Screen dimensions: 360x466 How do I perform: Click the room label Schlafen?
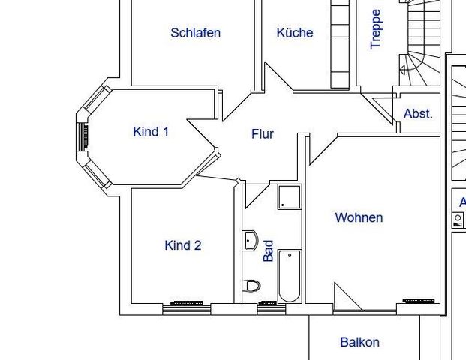(195, 33)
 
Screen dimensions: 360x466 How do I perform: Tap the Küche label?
(294, 33)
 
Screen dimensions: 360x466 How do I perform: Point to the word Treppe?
(377, 29)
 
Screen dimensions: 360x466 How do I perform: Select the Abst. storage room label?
(418, 114)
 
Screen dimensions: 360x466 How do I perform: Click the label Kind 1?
(150, 132)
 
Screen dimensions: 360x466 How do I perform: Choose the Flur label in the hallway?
(262, 134)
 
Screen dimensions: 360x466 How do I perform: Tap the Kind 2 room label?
(182, 245)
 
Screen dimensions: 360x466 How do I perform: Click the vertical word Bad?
(269, 250)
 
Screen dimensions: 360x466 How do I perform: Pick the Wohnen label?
(359, 217)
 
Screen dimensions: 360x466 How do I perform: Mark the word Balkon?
(359, 342)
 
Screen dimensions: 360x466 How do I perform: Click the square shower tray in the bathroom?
(289, 197)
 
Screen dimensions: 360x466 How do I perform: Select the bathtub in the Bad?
(290, 275)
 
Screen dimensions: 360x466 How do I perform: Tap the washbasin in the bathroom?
(250, 241)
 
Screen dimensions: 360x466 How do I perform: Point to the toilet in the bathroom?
(251, 286)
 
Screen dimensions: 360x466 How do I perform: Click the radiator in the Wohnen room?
(421, 301)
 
